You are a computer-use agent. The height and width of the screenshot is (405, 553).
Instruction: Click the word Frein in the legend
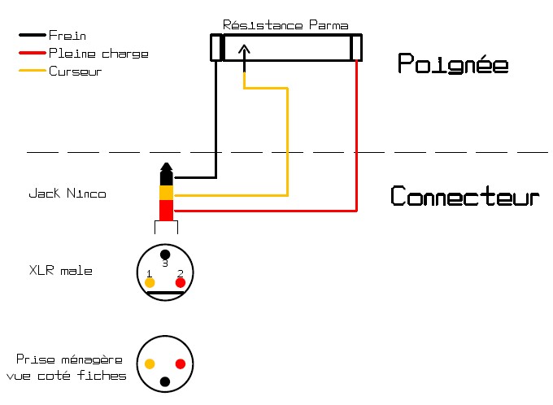click(67, 36)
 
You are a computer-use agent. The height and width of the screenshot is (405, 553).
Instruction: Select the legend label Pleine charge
click(98, 54)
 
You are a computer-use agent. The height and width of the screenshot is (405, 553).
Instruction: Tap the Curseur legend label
click(75, 72)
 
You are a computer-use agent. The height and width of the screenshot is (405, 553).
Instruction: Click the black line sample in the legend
click(32, 36)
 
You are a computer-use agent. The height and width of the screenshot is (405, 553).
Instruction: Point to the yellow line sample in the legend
click(32, 72)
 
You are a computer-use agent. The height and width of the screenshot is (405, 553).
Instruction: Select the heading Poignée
click(452, 63)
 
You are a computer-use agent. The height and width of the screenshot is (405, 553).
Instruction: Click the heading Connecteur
click(464, 197)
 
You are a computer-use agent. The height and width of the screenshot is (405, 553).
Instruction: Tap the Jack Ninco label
click(67, 194)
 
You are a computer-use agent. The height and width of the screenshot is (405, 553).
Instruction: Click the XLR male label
click(60, 270)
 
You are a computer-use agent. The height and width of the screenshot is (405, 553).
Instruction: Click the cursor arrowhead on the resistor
click(245, 50)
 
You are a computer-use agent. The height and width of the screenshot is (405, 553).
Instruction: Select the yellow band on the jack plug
click(165, 194)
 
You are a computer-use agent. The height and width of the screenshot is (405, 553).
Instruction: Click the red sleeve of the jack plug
click(165, 211)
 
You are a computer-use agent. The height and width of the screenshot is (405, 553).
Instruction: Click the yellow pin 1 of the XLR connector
click(150, 282)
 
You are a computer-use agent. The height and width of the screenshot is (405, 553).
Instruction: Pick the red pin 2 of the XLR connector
click(181, 282)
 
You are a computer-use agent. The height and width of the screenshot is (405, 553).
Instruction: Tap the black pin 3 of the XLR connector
click(165, 255)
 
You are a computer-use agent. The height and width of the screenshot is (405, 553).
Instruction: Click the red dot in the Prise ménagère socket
click(181, 364)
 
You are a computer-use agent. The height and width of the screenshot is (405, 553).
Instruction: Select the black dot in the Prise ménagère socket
click(165, 381)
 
